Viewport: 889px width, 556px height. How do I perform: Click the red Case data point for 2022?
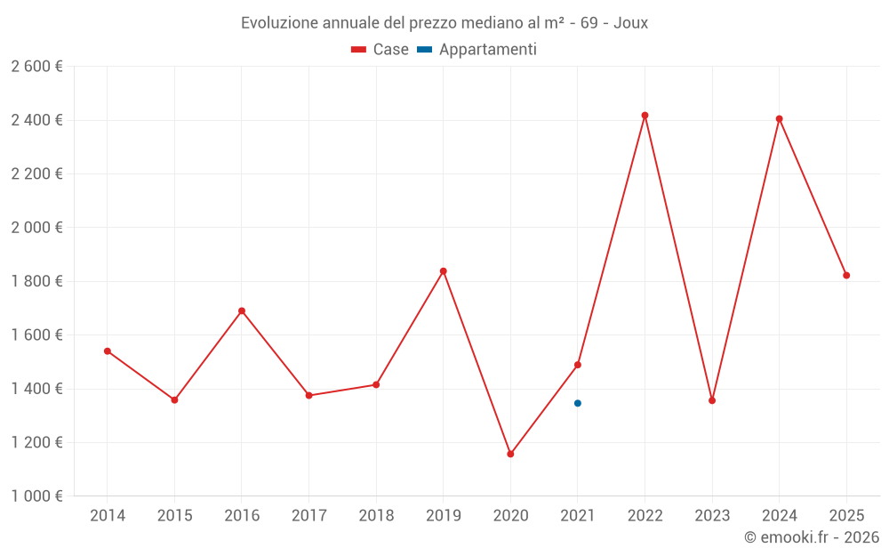point(645,116)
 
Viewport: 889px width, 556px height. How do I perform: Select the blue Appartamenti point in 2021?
point(578,403)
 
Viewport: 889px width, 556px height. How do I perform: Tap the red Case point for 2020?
point(510,454)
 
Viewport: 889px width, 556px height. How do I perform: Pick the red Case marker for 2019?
point(443,271)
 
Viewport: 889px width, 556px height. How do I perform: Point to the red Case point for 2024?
point(779,119)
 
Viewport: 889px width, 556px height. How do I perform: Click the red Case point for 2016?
point(242,311)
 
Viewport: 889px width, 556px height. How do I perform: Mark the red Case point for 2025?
point(846,276)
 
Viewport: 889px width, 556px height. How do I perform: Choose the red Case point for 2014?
point(108,351)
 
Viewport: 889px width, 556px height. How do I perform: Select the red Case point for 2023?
point(712,400)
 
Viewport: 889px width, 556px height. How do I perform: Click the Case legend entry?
point(380,50)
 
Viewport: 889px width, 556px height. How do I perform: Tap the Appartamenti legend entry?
point(477,50)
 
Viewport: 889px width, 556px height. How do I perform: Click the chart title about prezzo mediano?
point(444,23)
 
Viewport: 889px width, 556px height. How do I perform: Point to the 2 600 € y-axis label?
point(36,67)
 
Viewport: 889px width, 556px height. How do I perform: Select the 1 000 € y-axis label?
point(36,496)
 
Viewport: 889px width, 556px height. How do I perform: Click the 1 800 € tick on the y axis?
point(36,281)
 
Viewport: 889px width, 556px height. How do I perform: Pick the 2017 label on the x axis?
point(308,516)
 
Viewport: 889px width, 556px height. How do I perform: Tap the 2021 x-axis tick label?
point(578,516)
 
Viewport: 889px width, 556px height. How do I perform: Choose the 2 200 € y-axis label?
point(36,174)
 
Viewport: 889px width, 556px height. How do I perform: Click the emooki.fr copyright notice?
point(811,537)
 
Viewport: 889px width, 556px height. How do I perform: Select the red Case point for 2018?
point(376,385)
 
